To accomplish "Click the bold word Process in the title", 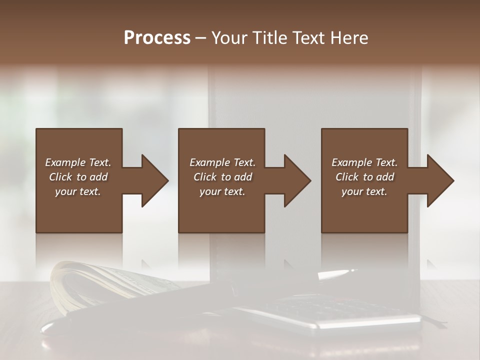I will [x=157, y=38].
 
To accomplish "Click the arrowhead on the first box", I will [x=153, y=180].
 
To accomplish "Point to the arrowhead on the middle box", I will [x=295, y=180].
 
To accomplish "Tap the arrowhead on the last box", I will [x=438, y=180].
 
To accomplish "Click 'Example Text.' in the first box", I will [x=78, y=162].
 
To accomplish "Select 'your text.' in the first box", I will [x=78, y=191].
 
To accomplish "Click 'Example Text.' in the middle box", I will [x=222, y=162].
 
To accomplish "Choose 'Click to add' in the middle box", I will [x=222, y=177].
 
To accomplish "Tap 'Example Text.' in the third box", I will [x=364, y=162].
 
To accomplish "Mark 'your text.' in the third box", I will [x=364, y=191].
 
